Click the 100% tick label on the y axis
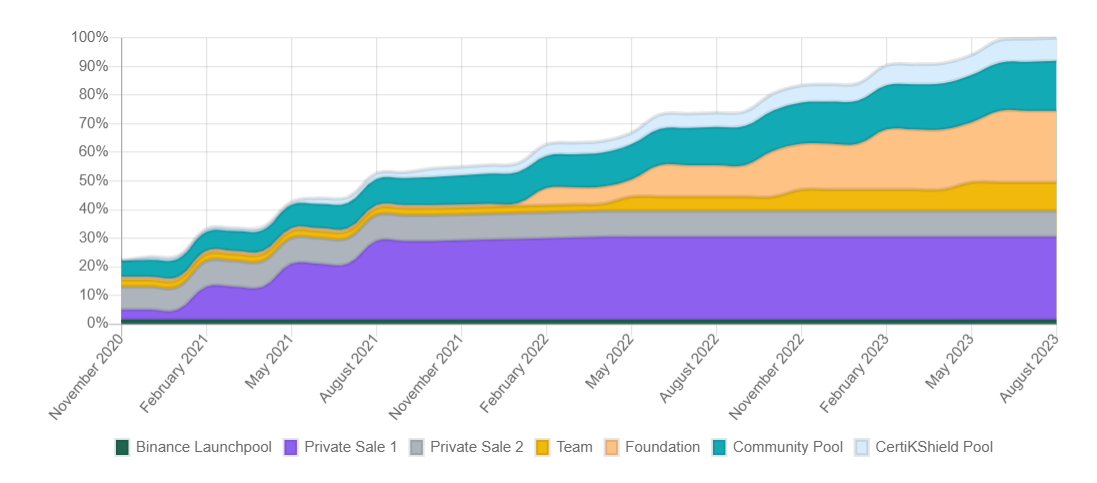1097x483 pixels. (x=89, y=37)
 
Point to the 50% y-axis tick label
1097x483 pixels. (x=92, y=180)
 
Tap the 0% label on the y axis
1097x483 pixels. (x=96, y=323)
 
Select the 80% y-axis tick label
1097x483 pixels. (x=92, y=94)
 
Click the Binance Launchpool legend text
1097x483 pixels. (x=203, y=447)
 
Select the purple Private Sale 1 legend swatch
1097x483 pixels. (x=292, y=447)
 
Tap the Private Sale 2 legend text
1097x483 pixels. (x=476, y=447)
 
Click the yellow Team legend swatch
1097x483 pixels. (x=543, y=447)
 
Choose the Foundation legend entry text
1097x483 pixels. (x=662, y=447)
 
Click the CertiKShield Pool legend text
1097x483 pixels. (x=934, y=447)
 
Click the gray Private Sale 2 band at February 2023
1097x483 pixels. (x=887, y=224)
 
